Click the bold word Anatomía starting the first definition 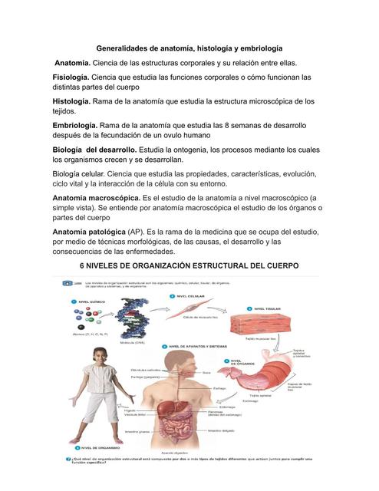tap(73, 62)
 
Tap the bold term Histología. tap(71, 101)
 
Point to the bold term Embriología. tap(74, 125)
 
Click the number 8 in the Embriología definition tap(226, 125)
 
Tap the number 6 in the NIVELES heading tap(84, 265)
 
